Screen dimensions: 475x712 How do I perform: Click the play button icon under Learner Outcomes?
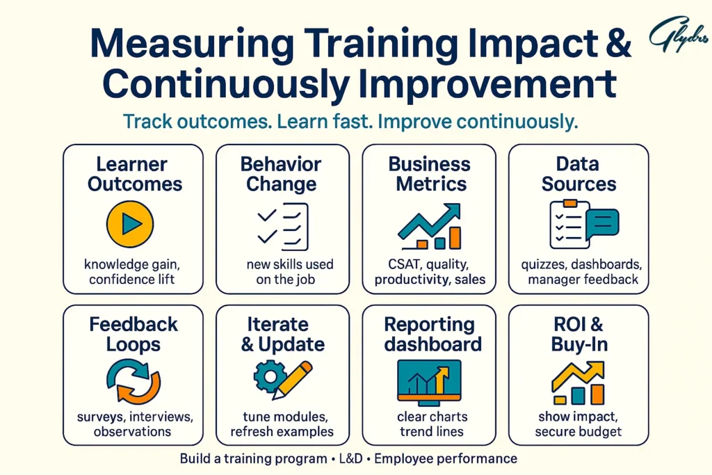(130, 224)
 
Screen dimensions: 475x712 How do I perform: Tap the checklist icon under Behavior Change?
(282, 226)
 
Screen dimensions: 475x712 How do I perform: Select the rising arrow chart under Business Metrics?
(430, 226)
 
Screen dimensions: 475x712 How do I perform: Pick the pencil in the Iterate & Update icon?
(293, 378)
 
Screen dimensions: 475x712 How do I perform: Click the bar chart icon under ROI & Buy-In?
(579, 383)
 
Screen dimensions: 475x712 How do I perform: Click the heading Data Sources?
(578, 175)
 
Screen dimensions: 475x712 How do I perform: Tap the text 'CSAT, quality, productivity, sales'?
(430, 272)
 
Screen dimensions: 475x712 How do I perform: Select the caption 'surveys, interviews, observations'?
(133, 424)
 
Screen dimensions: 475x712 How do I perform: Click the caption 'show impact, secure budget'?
(578, 424)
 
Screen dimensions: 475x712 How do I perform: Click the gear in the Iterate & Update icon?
(268, 376)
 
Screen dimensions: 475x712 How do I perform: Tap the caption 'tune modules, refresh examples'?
(282, 424)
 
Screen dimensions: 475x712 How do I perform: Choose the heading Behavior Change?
(281, 175)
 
